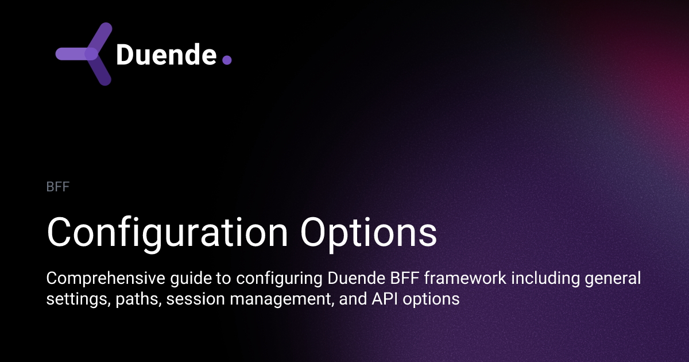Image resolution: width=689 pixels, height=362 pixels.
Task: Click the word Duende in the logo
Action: (165, 55)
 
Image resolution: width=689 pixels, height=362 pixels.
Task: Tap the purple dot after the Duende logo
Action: (226, 60)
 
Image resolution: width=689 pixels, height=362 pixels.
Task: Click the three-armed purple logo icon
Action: (85, 54)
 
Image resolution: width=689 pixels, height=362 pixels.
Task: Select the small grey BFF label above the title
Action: (58, 187)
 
